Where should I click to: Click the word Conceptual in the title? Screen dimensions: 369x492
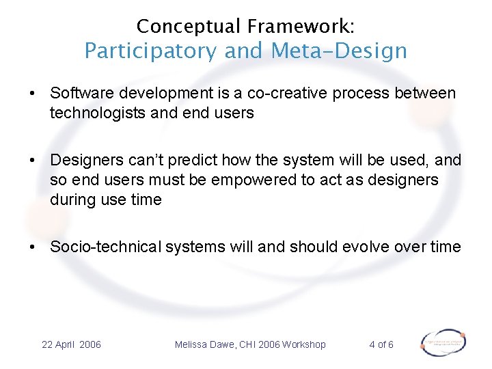coord(189,27)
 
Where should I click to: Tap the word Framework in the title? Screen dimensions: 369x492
coord(301,27)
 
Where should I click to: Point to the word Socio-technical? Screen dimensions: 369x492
coord(105,247)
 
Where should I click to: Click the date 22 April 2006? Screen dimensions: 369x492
coord(71,344)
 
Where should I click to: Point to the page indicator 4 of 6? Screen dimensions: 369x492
coord(381,344)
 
